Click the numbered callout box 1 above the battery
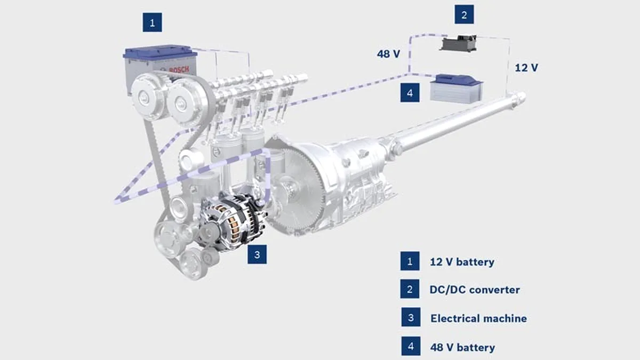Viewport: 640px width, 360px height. (x=152, y=22)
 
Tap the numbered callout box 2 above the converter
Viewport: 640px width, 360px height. (x=464, y=14)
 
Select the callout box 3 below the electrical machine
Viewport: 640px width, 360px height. (x=257, y=254)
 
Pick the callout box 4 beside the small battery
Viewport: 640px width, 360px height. (x=410, y=92)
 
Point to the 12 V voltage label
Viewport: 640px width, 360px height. (x=526, y=68)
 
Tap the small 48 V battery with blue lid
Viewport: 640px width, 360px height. (x=457, y=88)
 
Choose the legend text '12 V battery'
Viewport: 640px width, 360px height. (x=462, y=262)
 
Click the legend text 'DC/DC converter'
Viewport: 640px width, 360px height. (x=474, y=290)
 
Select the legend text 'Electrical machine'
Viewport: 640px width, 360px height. (x=478, y=318)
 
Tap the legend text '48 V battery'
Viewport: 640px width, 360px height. (x=462, y=347)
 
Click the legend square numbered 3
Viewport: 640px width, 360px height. (x=410, y=318)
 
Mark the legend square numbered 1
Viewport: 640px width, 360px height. (x=410, y=261)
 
